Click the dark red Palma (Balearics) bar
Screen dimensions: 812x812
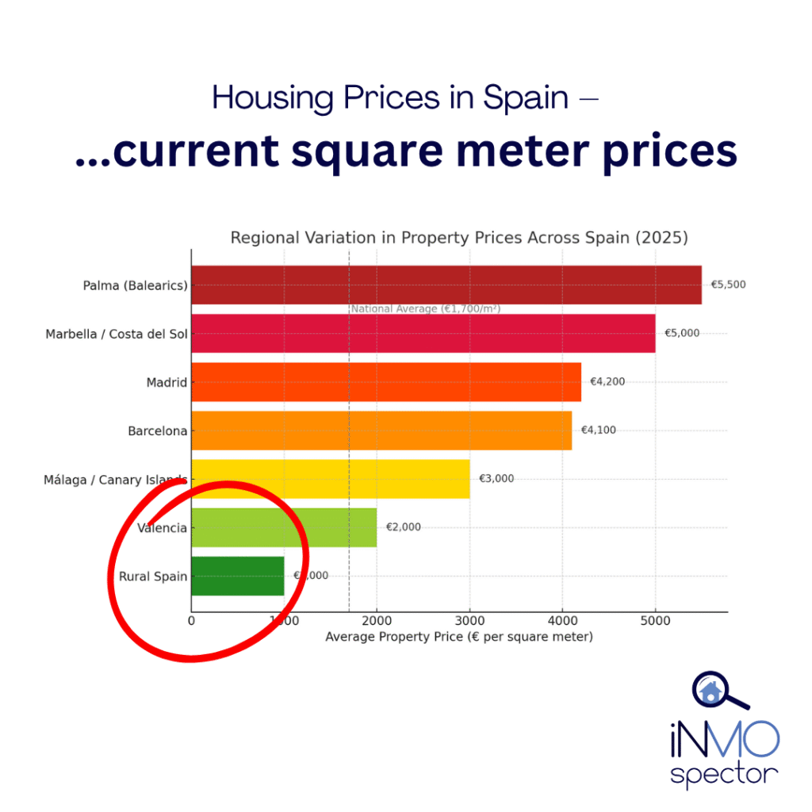pos(446,285)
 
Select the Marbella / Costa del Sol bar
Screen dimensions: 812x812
pos(423,333)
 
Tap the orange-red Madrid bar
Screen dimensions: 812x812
pos(385,381)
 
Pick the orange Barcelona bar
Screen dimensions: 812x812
pos(381,431)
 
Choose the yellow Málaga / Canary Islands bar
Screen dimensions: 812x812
pos(330,479)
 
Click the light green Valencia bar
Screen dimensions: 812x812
pos(284,527)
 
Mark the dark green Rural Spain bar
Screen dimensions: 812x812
pos(237,576)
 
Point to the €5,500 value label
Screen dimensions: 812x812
pos(728,285)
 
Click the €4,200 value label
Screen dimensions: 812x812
pos(607,381)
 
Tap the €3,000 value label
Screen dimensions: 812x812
pos(496,479)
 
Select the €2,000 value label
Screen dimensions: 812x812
pos(404,527)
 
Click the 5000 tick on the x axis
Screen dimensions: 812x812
pos(655,621)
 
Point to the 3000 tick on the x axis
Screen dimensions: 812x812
pos(469,621)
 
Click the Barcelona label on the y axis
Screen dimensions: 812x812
pos(158,431)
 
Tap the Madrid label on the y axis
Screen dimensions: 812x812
pos(167,382)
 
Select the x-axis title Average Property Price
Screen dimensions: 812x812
pos(459,637)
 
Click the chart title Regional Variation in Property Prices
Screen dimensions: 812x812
pos(459,237)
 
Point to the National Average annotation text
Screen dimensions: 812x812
pos(426,309)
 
